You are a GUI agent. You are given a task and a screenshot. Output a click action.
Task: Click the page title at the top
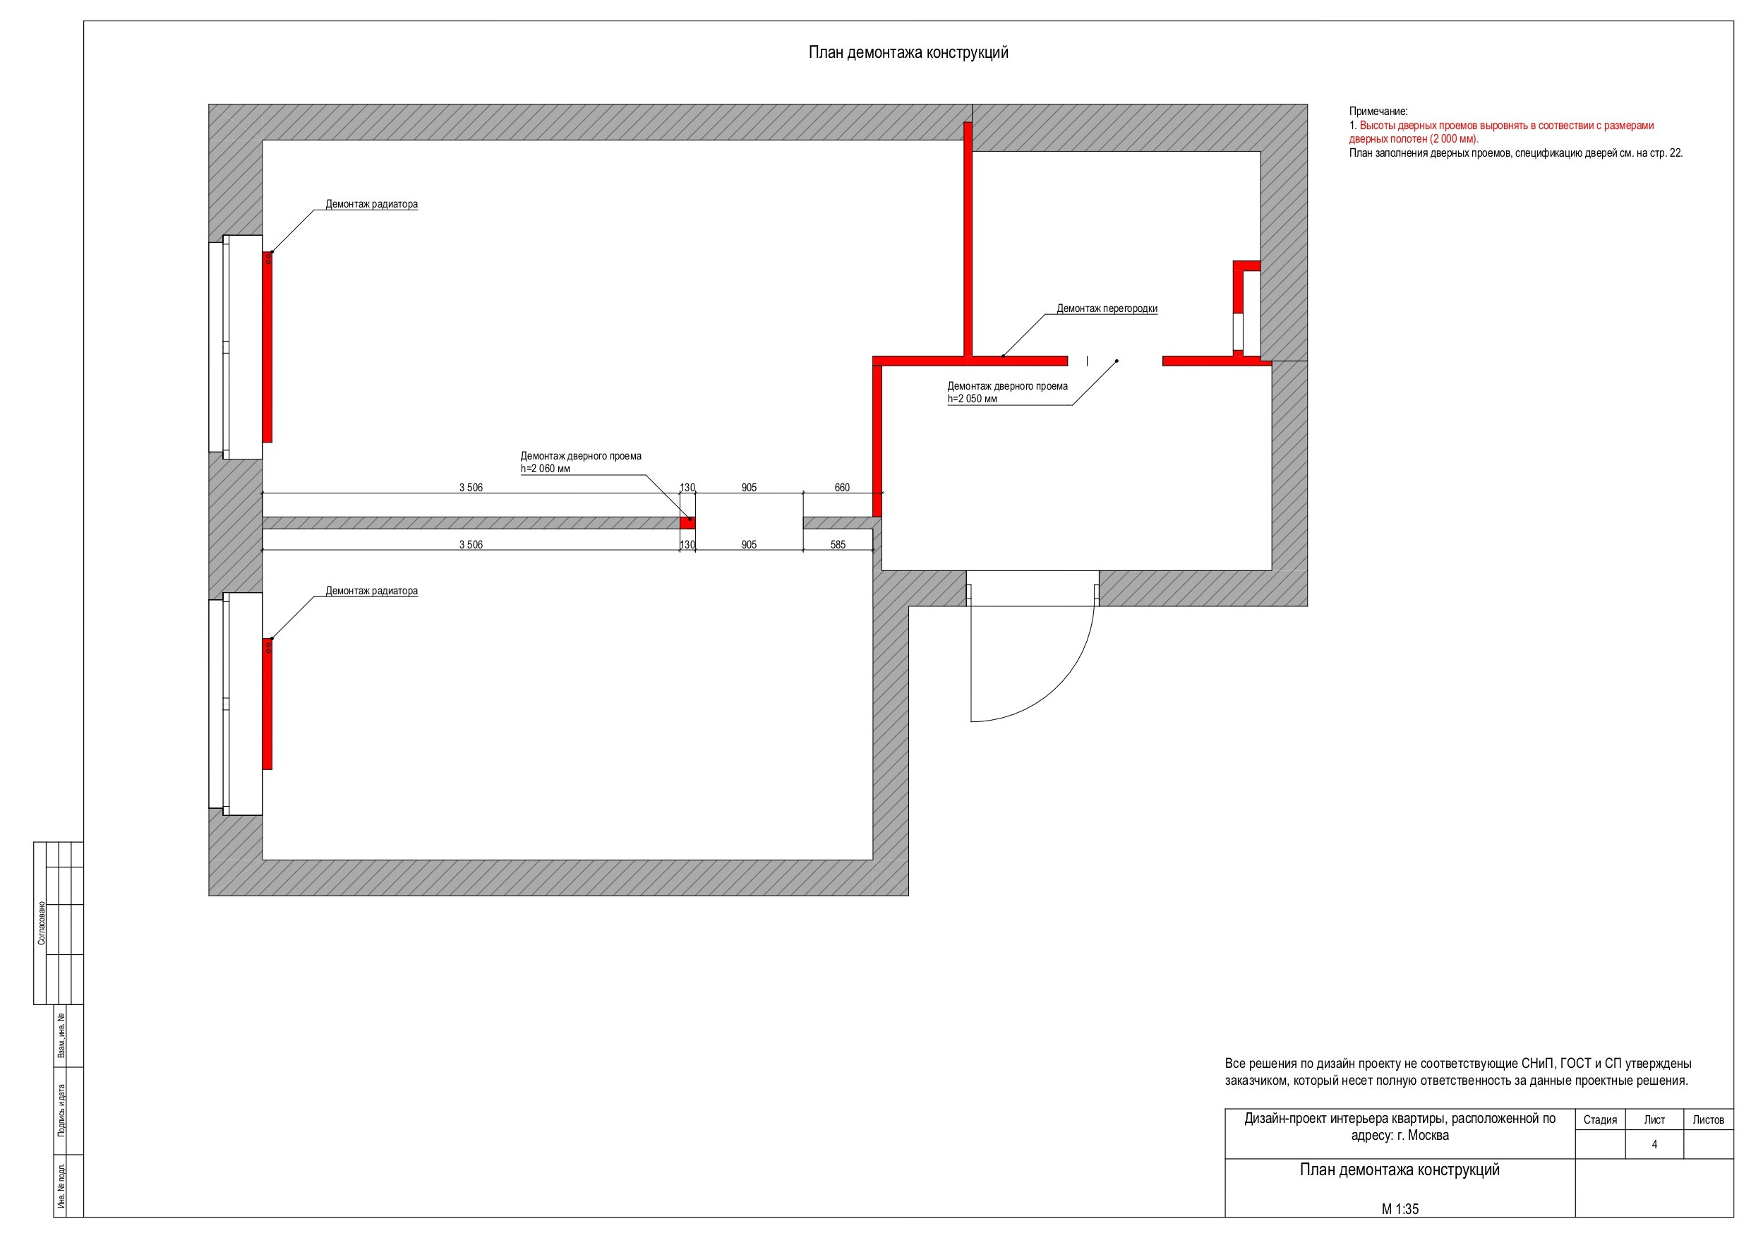click(x=908, y=53)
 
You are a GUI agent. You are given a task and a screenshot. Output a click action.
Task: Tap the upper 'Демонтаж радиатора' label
click(x=371, y=205)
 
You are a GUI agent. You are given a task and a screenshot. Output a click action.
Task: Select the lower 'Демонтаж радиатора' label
click(x=371, y=591)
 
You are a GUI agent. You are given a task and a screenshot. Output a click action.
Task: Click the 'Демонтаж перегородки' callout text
click(x=1107, y=309)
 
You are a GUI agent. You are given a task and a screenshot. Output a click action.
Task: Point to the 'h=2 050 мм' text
click(x=973, y=399)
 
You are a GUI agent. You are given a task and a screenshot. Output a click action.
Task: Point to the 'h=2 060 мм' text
click(x=546, y=469)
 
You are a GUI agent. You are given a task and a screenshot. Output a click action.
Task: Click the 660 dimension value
click(x=842, y=488)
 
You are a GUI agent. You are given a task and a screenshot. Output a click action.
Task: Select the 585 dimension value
click(x=838, y=545)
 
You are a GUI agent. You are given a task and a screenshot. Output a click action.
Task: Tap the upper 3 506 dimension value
click(x=471, y=488)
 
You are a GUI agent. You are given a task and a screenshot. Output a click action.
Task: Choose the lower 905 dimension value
click(x=749, y=545)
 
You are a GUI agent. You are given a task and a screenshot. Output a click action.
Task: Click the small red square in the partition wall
click(x=688, y=522)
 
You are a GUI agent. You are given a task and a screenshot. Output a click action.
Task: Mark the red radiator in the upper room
click(x=267, y=347)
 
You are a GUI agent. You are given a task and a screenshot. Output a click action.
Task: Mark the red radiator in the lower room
click(x=267, y=704)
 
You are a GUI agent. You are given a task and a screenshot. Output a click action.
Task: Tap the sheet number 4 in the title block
click(x=1654, y=1144)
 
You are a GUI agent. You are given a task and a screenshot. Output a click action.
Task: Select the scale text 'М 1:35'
click(x=1400, y=1209)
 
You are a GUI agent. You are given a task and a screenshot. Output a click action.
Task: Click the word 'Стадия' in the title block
click(x=1600, y=1119)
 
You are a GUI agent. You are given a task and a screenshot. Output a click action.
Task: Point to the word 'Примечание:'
click(x=1378, y=112)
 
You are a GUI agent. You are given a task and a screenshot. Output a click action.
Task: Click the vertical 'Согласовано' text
click(x=41, y=923)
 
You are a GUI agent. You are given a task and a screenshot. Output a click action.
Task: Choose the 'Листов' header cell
click(x=1708, y=1119)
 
